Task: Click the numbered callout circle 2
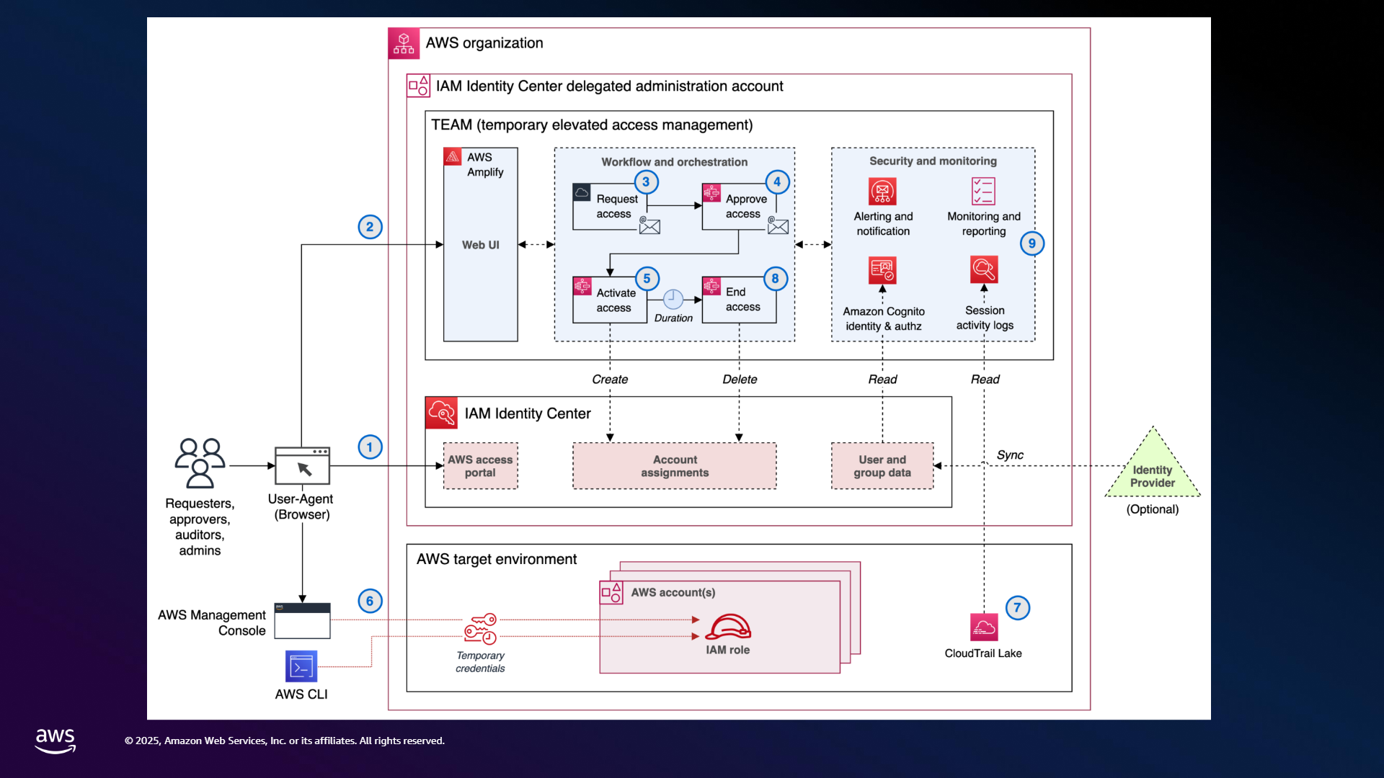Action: (x=370, y=227)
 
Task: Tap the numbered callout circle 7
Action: (x=1017, y=607)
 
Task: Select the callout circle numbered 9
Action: (x=1032, y=243)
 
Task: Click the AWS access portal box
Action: (x=480, y=466)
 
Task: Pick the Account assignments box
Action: (x=675, y=466)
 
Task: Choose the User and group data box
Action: (x=882, y=466)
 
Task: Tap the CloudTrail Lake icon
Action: (x=984, y=627)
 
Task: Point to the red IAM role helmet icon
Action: (x=728, y=627)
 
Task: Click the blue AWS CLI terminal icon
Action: (x=301, y=666)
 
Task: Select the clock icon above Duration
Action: (x=673, y=299)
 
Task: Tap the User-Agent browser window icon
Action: (x=302, y=466)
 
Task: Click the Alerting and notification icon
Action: (x=882, y=192)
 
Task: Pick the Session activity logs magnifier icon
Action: (x=984, y=270)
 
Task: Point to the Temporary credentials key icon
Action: (x=480, y=629)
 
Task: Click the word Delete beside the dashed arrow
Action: (x=740, y=380)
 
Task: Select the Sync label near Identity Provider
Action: (x=1010, y=455)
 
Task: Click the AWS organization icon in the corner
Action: (x=404, y=43)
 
